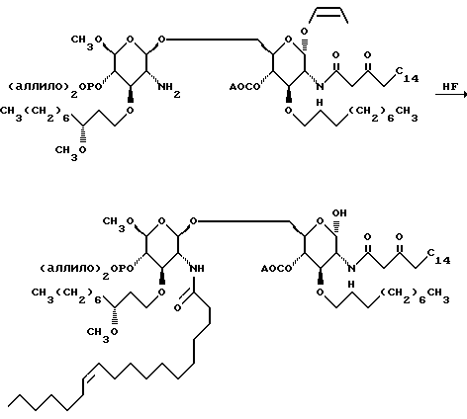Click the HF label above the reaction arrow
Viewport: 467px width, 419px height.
450,87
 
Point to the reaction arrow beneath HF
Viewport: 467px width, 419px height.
451,95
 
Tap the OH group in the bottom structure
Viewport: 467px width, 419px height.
339,213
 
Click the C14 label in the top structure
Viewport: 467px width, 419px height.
408,74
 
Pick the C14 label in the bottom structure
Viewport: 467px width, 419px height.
439,257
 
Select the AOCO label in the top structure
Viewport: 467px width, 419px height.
244,87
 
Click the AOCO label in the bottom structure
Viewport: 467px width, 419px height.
276,269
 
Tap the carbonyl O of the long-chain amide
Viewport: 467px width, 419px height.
177,308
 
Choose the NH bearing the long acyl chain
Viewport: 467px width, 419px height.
197,269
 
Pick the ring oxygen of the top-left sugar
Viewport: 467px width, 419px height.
131,40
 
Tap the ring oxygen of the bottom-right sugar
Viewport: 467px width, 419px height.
320,221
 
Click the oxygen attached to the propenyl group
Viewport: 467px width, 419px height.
304,32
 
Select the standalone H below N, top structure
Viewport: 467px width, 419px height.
320,103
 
